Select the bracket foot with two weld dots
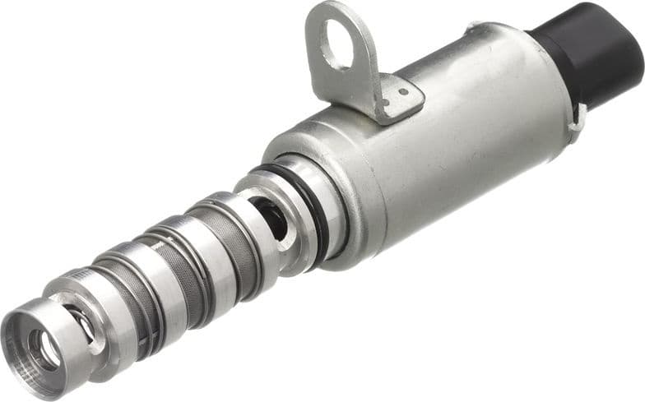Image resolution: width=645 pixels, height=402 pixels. tap(398, 97)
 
